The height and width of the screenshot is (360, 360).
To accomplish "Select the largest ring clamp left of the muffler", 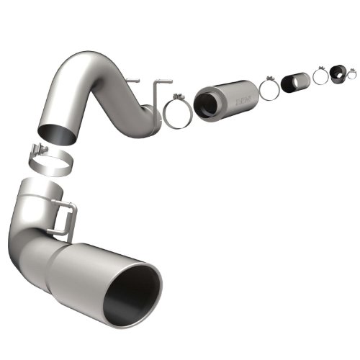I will pos(176,114).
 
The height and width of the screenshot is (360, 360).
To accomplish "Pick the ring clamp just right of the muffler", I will pos(269,89).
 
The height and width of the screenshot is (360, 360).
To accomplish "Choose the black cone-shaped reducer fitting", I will pos(338,73).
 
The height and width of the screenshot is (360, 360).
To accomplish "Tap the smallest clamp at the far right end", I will pos(351,73).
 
